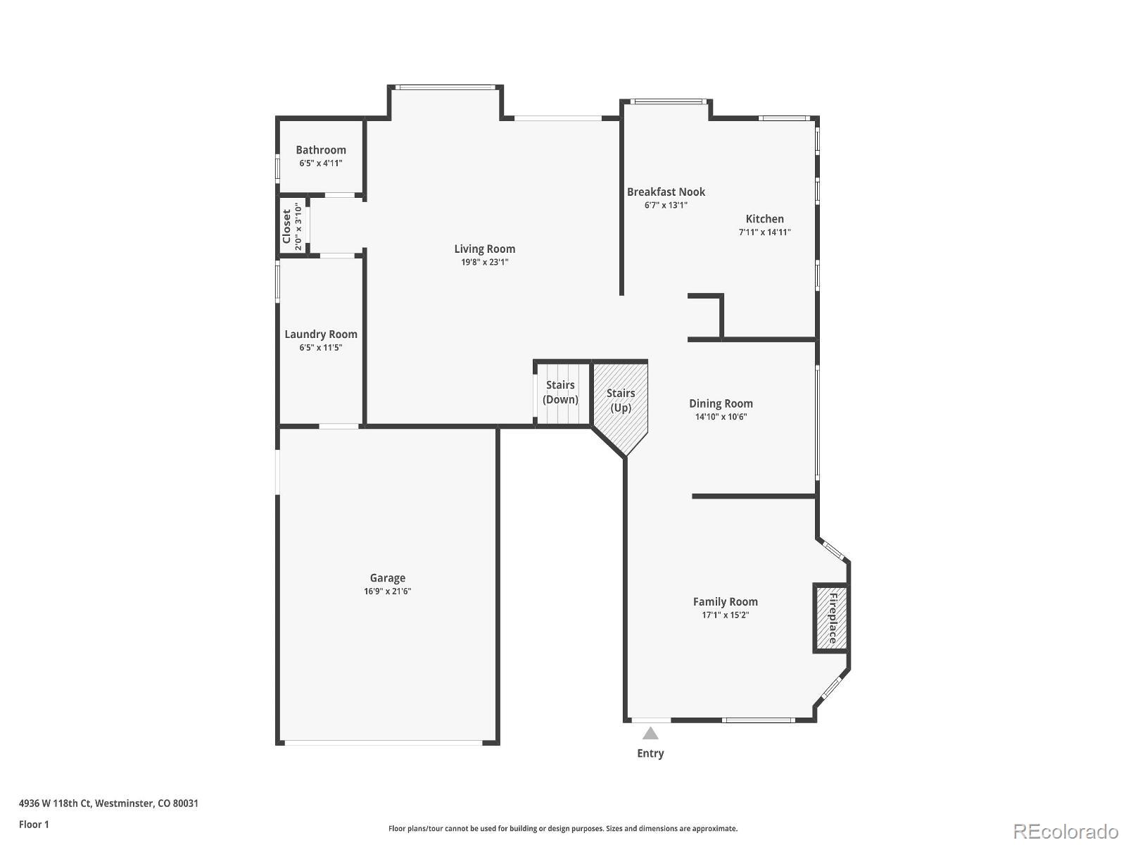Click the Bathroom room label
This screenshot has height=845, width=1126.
[321, 150]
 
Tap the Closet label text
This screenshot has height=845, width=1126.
[287, 227]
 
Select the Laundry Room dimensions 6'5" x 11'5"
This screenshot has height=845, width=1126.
[321, 347]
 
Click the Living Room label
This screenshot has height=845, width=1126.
[484, 249]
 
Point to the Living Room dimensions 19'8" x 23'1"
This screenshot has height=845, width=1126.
[484, 262]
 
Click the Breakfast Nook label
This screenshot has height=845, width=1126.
[666, 192]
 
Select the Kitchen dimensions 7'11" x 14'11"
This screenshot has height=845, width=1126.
[764, 232]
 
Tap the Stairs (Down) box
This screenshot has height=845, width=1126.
[561, 393]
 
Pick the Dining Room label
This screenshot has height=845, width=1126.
[721, 403]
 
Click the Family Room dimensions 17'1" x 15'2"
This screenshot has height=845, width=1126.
[725, 615]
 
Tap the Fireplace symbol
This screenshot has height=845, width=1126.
[831, 618]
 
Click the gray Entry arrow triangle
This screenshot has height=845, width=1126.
[650, 734]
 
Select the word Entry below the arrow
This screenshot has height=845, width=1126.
[650, 753]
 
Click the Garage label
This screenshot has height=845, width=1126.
[387, 578]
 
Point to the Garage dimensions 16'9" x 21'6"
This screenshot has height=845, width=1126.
[387, 591]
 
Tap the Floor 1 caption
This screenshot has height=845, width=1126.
[34, 824]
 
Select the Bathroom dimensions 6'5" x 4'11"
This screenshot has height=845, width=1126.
[321, 163]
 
